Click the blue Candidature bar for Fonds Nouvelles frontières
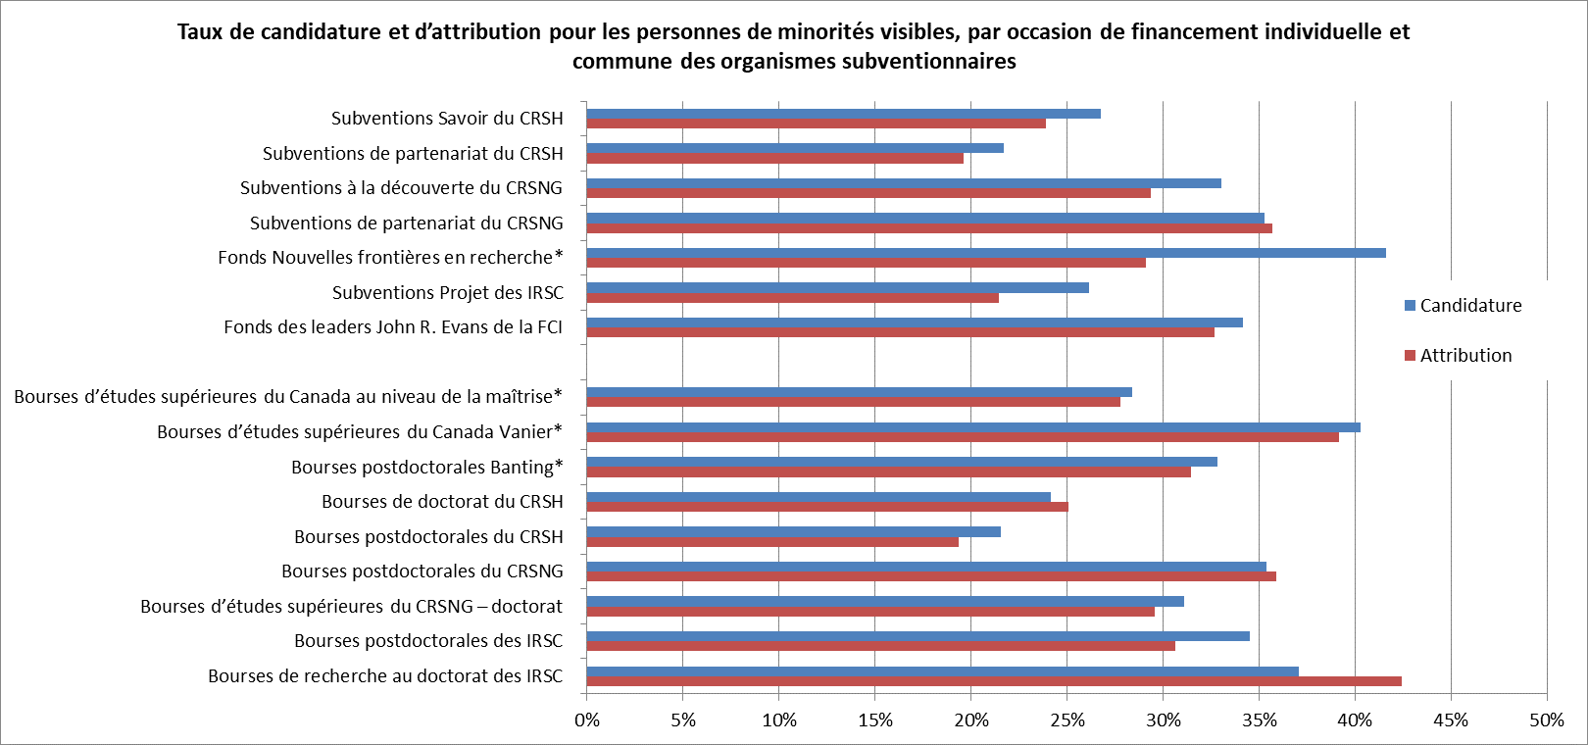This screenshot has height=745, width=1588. [x=985, y=253]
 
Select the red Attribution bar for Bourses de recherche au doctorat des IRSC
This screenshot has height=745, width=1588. [x=993, y=681]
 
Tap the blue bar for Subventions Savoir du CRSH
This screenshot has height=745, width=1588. [x=843, y=114]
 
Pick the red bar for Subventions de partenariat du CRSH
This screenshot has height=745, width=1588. [x=774, y=159]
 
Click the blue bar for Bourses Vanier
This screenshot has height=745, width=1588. [x=972, y=427]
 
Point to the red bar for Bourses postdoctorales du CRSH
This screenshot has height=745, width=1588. [x=772, y=542]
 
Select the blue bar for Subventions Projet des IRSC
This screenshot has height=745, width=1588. [x=837, y=287]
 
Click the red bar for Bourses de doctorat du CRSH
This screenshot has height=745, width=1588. [x=827, y=507]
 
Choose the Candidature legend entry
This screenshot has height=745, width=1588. [x=1463, y=306]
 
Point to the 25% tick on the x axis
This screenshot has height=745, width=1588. [x=1067, y=720]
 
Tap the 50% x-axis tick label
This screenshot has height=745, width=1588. [x=1546, y=720]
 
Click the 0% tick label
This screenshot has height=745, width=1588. [x=587, y=720]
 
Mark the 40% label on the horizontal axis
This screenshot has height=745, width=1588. [x=1355, y=720]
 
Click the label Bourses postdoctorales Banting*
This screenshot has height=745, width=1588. [x=426, y=467]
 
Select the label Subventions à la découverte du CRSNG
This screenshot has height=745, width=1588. [x=402, y=188]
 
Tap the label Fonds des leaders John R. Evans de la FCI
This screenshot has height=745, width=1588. [x=393, y=327]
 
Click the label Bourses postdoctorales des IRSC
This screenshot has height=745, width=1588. [x=428, y=641]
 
